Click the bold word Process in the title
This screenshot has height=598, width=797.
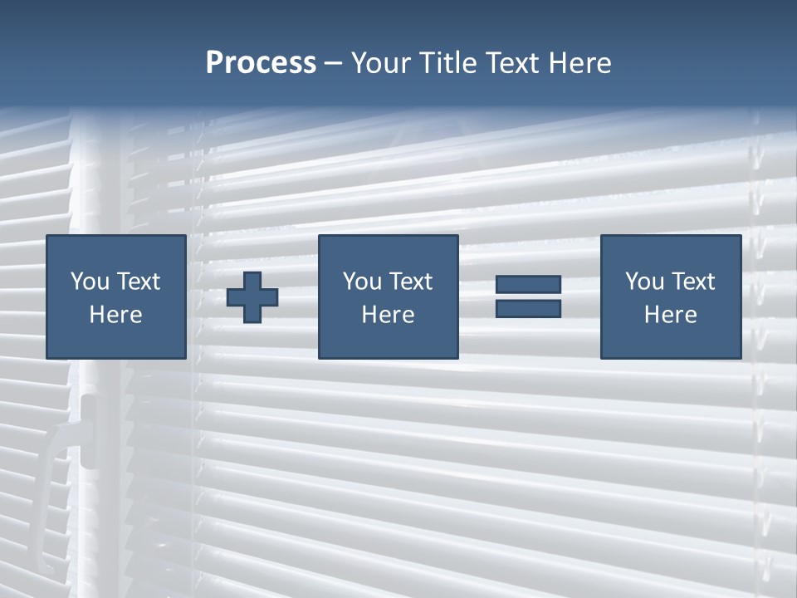click(x=261, y=63)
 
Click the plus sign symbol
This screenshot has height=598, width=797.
click(x=252, y=297)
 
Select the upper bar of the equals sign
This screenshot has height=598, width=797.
click(x=528, y=284)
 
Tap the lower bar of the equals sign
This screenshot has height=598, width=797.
click(x=528, y=308)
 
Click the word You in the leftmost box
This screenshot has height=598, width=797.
click(x=90, y=282)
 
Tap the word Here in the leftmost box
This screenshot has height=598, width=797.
click(x=116, y=315)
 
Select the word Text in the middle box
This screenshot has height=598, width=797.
click(x=410, y=282)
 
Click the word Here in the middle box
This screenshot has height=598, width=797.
click(x=388, y=315)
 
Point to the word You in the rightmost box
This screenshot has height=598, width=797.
click(x=644, y=282)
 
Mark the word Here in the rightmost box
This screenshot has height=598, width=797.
click(x=671, y=315)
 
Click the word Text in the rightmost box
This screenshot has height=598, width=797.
click(x=693, y=282)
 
